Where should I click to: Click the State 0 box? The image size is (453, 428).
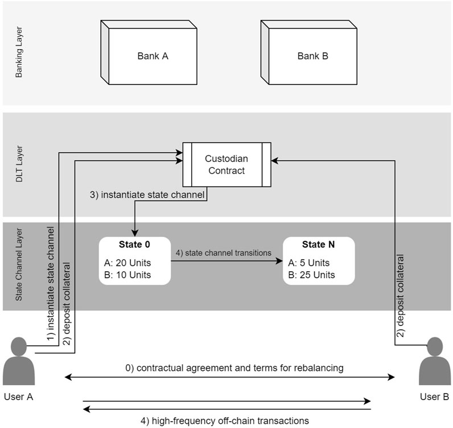tap(134, 260)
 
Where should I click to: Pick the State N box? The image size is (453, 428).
tap(319, 260)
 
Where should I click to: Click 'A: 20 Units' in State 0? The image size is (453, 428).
tap(129, 264)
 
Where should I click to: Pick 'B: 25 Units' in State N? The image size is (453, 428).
tap(312, 275)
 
